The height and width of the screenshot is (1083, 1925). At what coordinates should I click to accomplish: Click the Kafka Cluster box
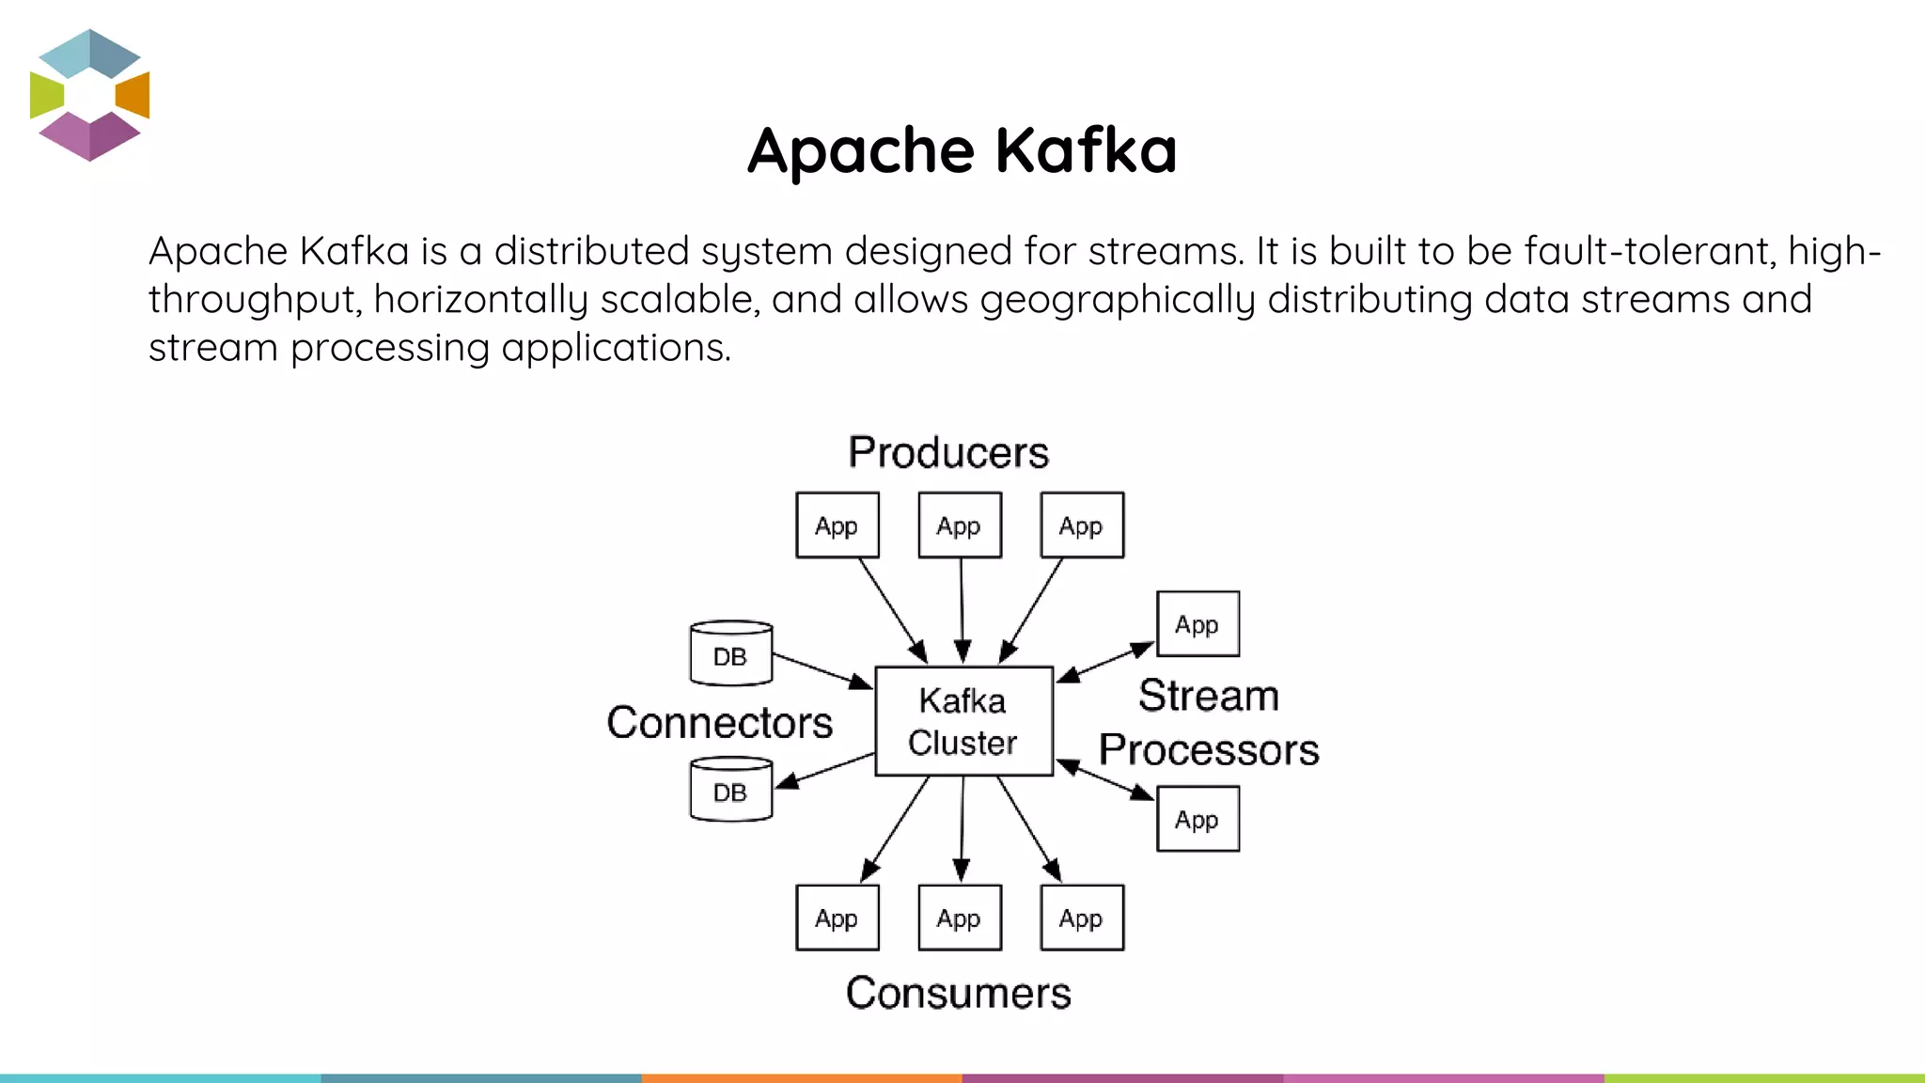click(x=963, y=721)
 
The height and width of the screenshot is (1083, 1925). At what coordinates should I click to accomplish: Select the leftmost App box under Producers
click(x=837, y=525)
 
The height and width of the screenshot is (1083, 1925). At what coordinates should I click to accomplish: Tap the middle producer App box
click(x=959, y=525)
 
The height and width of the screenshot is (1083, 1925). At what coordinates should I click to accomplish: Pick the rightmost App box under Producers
click(x=1081, y=525)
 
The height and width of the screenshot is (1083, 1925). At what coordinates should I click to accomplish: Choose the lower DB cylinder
click(x=730, y=791)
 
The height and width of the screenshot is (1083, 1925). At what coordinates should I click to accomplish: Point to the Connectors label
click(x=719, y=722)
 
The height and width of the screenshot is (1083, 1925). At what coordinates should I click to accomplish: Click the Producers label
click(x=947, y=452)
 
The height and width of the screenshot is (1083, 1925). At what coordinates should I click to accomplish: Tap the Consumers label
click(x=958, y=993)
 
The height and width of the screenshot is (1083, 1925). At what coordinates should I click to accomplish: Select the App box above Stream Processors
click(x=1197, y=623)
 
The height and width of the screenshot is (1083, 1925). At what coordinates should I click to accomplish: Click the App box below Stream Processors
click(x=1197, y=819)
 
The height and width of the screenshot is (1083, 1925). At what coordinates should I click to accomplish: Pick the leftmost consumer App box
click(x=837, y=918)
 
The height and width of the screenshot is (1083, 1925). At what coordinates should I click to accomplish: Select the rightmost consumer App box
click(x=1081, y=918)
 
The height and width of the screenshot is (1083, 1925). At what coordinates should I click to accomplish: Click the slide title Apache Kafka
click(x=962, y=150)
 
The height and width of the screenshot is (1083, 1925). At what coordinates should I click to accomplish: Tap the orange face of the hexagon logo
click(x=133, y=94)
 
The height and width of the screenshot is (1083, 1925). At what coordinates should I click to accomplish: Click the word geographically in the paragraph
click(x=1118, y=299)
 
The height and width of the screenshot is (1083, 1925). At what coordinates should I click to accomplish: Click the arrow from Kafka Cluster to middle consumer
click(x=962, y=827)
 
